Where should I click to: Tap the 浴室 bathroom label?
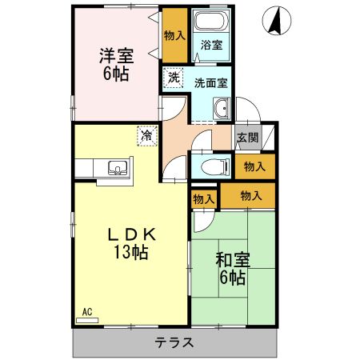pos(211,45)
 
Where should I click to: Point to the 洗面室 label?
pos(210,82)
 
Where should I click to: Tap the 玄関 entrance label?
pos(247,137)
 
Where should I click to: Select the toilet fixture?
pos(209,166)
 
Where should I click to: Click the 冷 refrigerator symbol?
pos(146,136)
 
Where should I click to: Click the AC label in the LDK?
pos(87,311)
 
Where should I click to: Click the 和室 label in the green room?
pos(232,259)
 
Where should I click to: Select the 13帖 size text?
pos(130,252)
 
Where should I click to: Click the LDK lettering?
pos(130,234)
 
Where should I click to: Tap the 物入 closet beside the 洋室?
pos(174,34)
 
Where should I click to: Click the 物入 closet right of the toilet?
pos(254,166)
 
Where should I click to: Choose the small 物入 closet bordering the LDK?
pos(203,198)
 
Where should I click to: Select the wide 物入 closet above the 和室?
pos(250,195)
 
